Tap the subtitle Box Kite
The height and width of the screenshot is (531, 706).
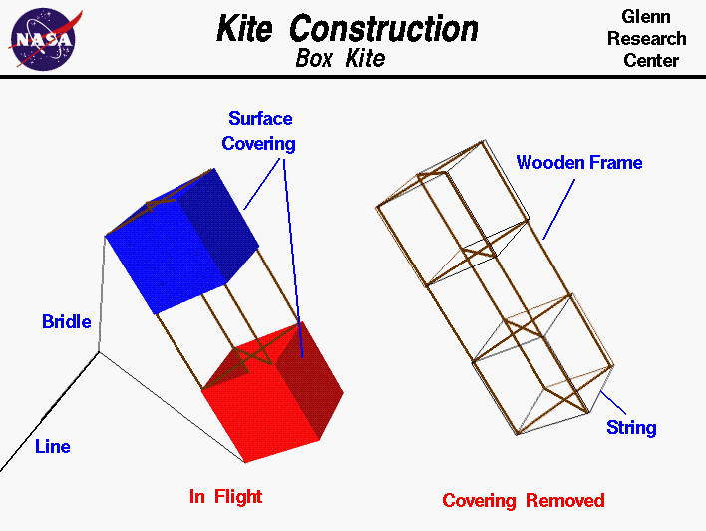click(x=340, y=59)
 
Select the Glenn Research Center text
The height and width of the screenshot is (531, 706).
click(x=646, y=39)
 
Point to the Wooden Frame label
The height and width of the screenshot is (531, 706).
click(x=578, y=162)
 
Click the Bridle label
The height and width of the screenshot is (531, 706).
click(x=66, y=321)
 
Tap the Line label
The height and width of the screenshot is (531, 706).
click(x=53, y=446)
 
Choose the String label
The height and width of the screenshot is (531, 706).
click(x=631, y=427)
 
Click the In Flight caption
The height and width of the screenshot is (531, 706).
click(x=226, y=495)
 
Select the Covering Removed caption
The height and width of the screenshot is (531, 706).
click(x=523, y=499)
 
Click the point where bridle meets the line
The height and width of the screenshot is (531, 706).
click(x=98, y=352)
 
